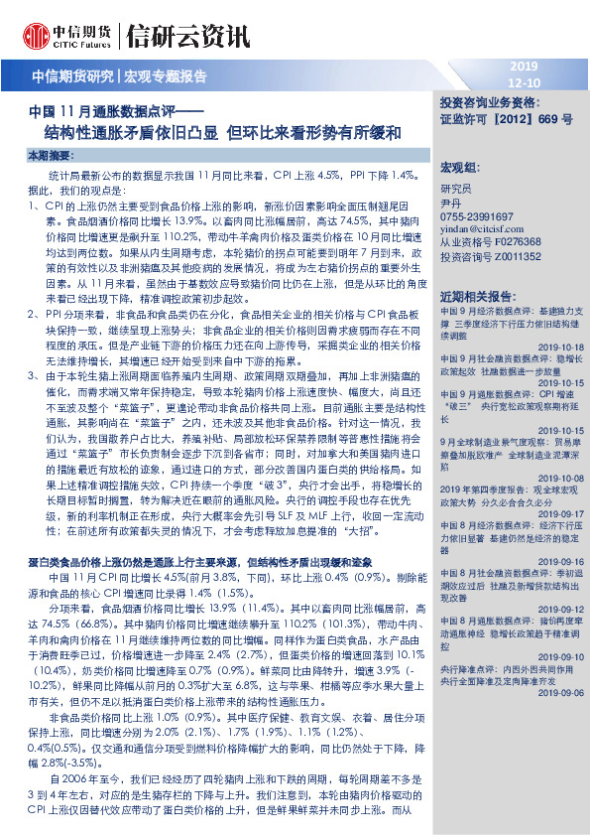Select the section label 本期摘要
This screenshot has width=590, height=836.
[49, 156]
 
